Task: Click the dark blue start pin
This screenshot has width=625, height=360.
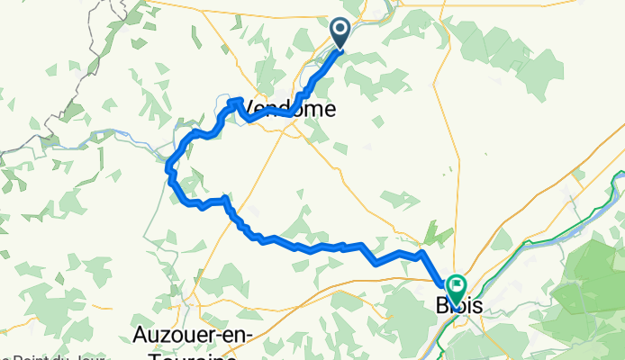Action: tap(341, 33)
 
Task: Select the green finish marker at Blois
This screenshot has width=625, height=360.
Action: tap(456, 289)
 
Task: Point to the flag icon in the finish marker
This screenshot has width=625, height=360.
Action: tap(456, 285)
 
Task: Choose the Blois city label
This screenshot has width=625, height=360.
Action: tap(459, 306)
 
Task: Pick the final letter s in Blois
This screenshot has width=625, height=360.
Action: tap(476, 306)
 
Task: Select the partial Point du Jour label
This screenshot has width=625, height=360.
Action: tap(54, 356)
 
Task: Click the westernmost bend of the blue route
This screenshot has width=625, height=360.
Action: tap(168, 164)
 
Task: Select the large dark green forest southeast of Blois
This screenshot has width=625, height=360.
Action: tap(585, 288)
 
